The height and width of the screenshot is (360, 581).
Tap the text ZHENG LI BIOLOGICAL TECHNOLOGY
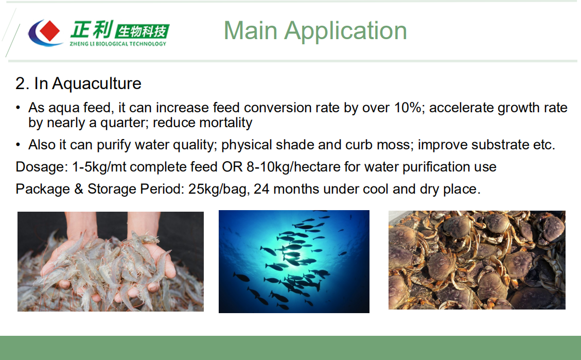click(118, 44)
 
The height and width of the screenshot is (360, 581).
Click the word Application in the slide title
click(345, 30)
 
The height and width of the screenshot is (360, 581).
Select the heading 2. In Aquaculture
click(78, 83)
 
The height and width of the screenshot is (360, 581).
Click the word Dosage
click(37, 167)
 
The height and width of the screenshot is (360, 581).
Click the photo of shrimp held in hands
click(111, 261)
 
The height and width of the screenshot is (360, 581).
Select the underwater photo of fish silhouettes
click(294, 261)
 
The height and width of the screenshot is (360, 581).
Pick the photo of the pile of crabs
click(477, 260)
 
